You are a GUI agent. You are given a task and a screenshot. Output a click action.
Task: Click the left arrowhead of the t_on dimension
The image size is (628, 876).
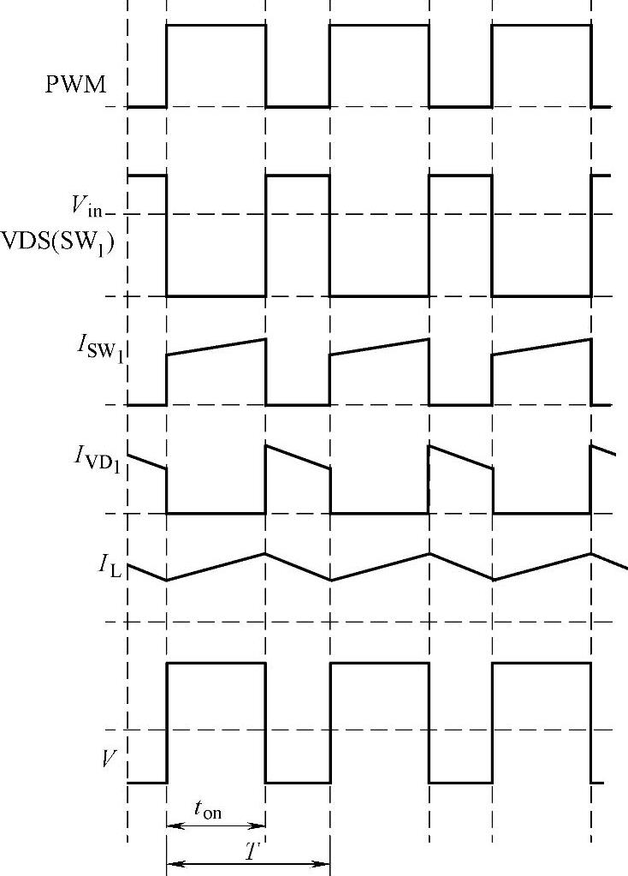172,826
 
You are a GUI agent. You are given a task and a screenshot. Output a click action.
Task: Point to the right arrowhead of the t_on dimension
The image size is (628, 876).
260,826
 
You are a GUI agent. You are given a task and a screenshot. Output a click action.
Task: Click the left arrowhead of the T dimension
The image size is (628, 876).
172,864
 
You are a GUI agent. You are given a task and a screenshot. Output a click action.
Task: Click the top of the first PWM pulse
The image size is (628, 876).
216,25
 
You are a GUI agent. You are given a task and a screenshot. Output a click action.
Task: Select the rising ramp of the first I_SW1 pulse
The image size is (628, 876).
216,347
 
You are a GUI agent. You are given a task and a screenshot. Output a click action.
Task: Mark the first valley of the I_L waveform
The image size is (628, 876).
167,581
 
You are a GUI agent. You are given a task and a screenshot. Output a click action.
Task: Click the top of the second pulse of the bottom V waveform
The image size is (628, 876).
379,662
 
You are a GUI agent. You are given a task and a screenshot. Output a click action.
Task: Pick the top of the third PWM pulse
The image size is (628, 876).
542,25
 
